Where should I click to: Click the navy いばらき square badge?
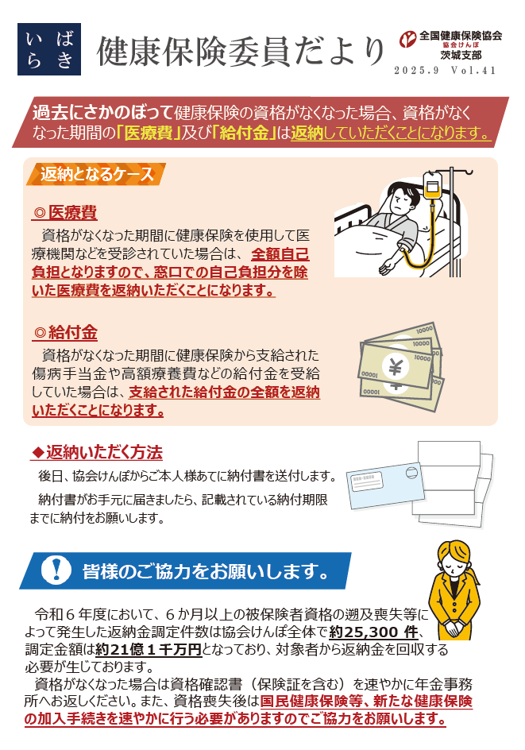tap(49, 49)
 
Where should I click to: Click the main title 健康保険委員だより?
tap(241, 52)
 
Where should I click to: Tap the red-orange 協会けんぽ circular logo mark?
tap(408, 39)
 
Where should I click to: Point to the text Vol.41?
tap(473, 70)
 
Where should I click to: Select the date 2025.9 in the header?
tap(416, 70)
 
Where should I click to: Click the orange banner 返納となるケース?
tap(96, 174)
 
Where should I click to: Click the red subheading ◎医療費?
tap(65, 212)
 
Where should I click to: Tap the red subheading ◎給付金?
tap(65, 332)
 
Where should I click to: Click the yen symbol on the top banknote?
tap(396, 366)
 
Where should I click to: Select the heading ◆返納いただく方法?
tap(97, 452)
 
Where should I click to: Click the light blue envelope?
tap(385, 485)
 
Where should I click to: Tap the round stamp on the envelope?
tap(411, 473)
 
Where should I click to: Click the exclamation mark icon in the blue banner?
tap(56, 570)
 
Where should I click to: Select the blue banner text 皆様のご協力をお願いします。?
tap(207, 571)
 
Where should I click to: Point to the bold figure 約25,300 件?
tap(373, 632)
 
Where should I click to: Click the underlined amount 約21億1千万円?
tap(149, 649)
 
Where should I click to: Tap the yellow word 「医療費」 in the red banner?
tap(149, 133)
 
